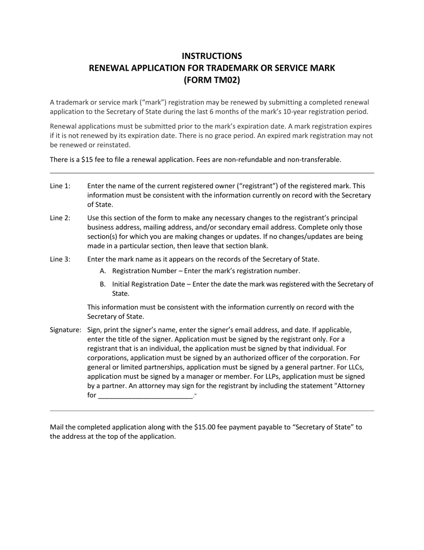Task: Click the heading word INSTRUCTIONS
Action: [x=212, y=56]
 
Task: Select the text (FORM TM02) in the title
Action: [x=212, y=80]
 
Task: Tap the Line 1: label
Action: [x=60, y=186]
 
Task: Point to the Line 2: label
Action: [x=60, y=218]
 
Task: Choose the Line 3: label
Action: [x=60, y=259]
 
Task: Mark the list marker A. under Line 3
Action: [x=103, y=271]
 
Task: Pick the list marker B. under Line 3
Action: [x=103, y=284]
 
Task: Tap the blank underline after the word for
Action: [x=145, y=396]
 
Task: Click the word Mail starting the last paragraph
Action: [x=57, y=427]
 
